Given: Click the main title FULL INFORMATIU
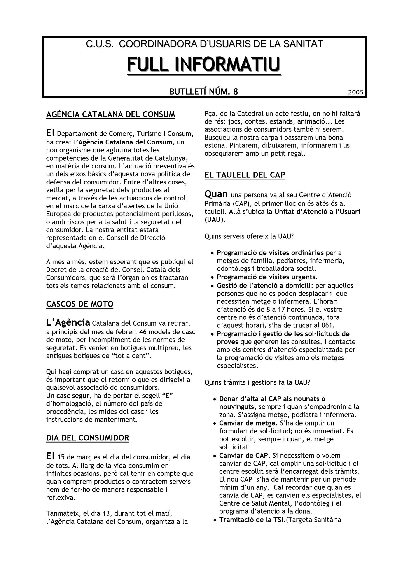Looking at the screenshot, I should tap(204, 64).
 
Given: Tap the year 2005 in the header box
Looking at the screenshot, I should tap(356, 92).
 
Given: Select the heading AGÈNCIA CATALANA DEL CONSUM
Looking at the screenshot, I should tap(111, 114).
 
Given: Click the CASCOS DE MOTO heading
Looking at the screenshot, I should tap(79, 304).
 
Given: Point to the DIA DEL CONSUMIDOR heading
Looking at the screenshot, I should tap(87, 438).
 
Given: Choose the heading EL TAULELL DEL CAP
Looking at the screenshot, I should tap(245, 175).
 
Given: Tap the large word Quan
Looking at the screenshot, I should tap(216, 194).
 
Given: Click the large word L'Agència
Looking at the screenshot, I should tap(68, 322).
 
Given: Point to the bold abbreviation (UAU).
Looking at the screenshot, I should tap(215, 219).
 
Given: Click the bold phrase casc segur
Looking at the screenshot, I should tap(73, 396).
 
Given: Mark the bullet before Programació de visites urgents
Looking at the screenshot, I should tap(213, 278).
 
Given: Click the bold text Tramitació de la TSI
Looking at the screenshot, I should tap(252, 520).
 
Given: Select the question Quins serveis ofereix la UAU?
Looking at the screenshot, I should tap(249, 236).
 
